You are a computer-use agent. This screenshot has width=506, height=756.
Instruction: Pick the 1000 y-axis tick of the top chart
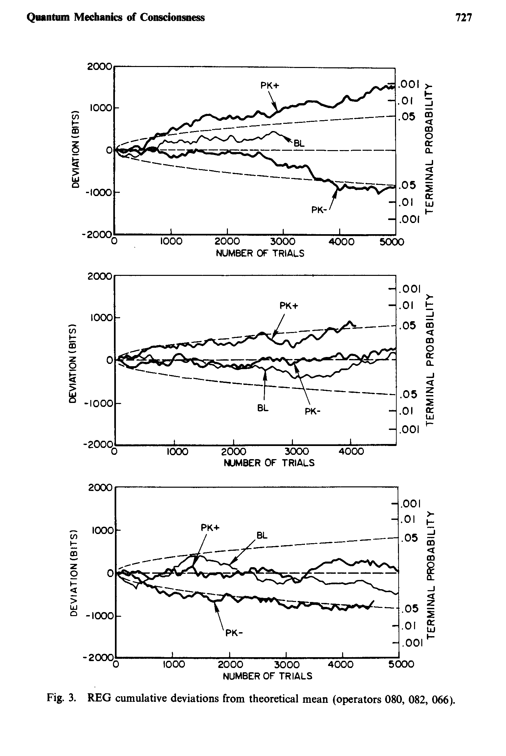coord(99,108)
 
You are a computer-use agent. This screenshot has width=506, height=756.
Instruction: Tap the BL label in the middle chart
coord(263,409)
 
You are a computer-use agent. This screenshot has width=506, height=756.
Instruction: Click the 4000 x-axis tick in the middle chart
coord(351,452)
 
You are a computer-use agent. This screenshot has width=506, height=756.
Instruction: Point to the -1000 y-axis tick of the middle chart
coord(98,403)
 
